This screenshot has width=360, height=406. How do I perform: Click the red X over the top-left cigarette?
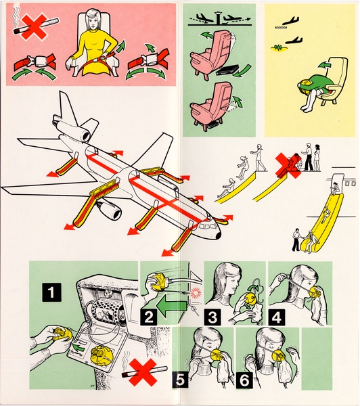tap(32, 26)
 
